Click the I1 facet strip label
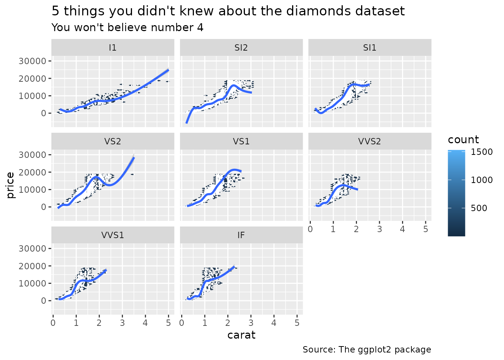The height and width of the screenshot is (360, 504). (112, 48)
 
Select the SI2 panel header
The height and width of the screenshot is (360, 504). (241, 48)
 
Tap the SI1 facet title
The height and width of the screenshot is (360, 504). (370, 48)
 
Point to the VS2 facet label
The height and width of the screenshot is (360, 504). (112, 141)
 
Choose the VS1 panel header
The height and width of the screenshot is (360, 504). (241, 141)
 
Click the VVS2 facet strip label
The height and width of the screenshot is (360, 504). (370, 141)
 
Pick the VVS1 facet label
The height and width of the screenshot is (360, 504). (112, 235)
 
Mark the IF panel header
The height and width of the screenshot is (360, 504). (241, 235)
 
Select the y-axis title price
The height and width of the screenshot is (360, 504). (10, 185)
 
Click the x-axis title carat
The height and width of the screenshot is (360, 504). (241, 335)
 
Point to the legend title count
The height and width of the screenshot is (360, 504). (463, 140)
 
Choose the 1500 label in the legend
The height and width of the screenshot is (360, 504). (482, 152)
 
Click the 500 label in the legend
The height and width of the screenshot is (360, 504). (479, 208)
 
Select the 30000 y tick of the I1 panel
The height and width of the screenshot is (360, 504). (32, 61)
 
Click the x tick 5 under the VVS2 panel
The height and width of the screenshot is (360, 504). (425, 229)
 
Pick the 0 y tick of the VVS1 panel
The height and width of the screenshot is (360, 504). (44, 301)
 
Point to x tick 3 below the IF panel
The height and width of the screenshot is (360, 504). (251, 322)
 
